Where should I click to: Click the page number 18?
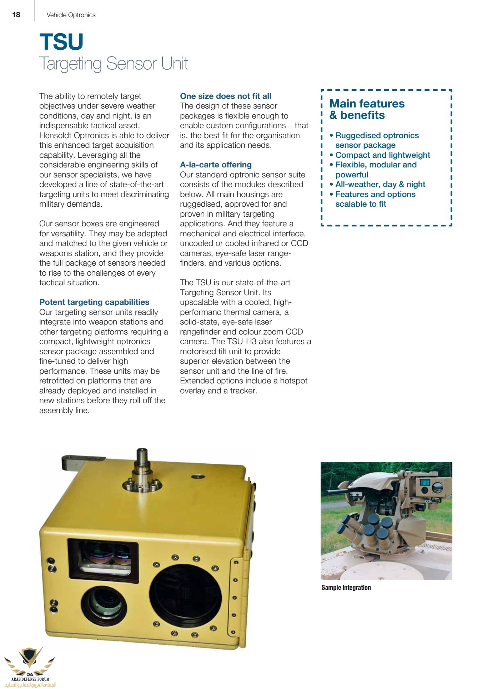[x=16, y=15]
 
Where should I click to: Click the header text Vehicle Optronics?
[x=71, y=15]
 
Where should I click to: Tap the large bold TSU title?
[x=61, y=42]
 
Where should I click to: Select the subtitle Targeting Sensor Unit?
[x=114, y=64]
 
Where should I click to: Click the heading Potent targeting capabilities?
[x=94, y=302]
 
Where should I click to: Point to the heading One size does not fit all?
[x=226, y=96]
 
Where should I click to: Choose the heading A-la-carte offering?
[x=216, y=165]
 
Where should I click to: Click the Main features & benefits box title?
[x=367, y=109]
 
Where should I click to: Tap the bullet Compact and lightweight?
[x=382, y=155]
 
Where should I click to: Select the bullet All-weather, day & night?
[x=380, y=184]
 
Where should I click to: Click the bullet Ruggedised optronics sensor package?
[x=377, y=140]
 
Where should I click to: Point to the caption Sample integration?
[x=346, y=587]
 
